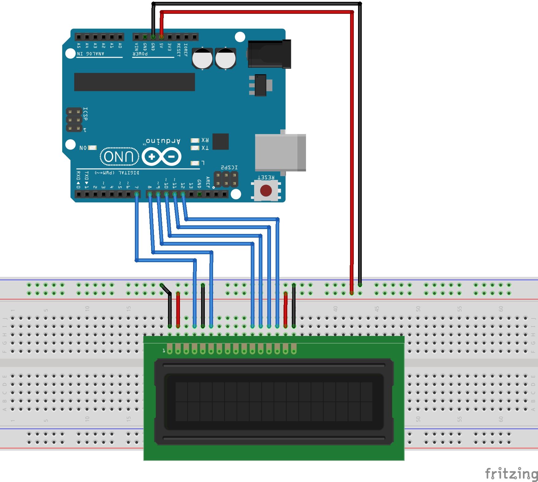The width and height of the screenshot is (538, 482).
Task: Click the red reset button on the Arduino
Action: [x=266, y=190]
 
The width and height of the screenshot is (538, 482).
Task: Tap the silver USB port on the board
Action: [x=280, y=152]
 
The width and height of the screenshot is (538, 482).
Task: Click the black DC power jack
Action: [x=269, y=54]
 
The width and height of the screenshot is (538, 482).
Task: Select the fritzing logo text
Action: [x=511, y=473]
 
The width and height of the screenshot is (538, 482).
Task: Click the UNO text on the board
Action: [x=119, y=157]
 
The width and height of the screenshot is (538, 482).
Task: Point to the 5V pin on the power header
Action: [x=162, y=37]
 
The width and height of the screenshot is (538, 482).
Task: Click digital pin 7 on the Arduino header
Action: [x=137, y=194]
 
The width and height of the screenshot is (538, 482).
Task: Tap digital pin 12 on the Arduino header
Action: [x=183, y=194]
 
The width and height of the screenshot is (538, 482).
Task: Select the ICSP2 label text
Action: [x=229, y=167]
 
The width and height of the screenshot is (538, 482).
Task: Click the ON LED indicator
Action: [x=92, y=148]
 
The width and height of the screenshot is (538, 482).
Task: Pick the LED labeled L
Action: [x=195, y=163]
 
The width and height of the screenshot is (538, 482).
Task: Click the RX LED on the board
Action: [x=195, y=140]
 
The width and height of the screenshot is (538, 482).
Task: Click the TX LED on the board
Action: [x=195, y=148]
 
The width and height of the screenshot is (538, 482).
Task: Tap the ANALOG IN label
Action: [x=91, y=54]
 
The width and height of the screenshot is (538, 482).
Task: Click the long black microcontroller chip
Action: [x=134, y=82]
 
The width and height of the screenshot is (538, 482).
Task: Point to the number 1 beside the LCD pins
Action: [x=164, y=350]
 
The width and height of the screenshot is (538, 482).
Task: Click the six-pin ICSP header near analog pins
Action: [x=74, y=120]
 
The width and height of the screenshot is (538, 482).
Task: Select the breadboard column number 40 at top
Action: [x=335, y=308]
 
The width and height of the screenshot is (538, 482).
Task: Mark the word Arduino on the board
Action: [x=163, y=141]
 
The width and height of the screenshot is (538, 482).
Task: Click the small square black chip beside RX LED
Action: [x=220, y=141]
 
